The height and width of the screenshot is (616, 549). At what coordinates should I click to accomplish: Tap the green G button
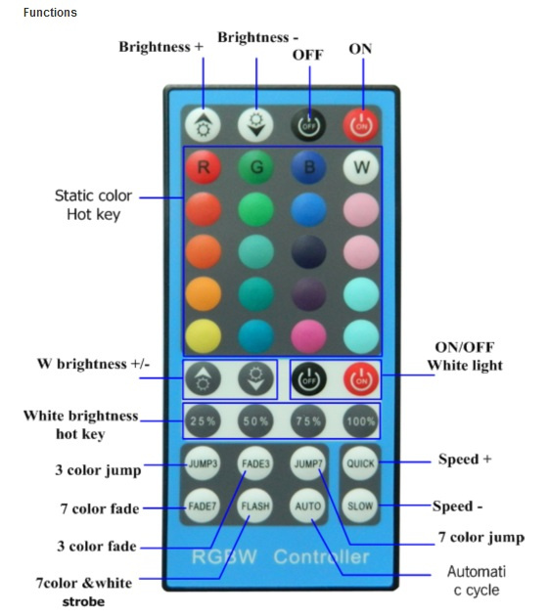[256, 167]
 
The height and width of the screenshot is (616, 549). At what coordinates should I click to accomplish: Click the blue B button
[308, 167]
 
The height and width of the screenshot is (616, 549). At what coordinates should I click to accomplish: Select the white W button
[361, 167]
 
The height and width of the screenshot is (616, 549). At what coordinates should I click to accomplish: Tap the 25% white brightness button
[203, 421]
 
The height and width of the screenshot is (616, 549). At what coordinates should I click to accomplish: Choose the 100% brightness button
[361, 421]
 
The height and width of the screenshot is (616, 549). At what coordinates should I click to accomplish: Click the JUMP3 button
[203, 463]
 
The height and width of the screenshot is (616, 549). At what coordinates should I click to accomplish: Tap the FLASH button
[255, 506]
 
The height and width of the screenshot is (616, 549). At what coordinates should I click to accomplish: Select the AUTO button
[307, 506]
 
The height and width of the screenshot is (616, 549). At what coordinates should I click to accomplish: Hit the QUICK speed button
[360, 463]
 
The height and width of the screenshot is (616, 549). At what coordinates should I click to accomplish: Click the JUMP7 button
[308, 463]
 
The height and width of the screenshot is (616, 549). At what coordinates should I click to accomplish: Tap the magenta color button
[308, 336]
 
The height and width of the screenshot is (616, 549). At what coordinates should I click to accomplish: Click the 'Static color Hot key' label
[94, 205]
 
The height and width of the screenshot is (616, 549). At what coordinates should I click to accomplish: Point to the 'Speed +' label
[465, 459]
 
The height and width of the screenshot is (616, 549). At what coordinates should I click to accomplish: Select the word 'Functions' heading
[50, 13]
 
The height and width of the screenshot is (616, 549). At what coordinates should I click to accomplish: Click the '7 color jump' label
[481, 537]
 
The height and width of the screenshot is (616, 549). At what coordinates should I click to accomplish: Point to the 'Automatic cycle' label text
[477, 581]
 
